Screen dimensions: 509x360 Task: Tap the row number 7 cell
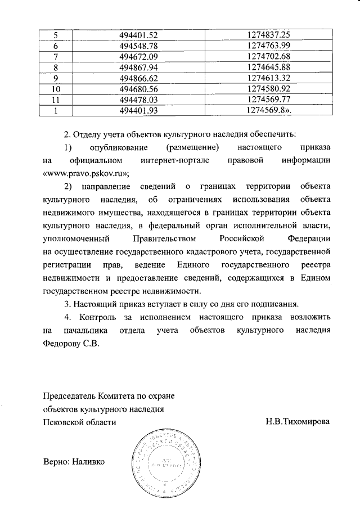pyautogui.click(x=56, y=57)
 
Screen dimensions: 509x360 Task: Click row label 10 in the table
pyautogui.click(x=56, y=89)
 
